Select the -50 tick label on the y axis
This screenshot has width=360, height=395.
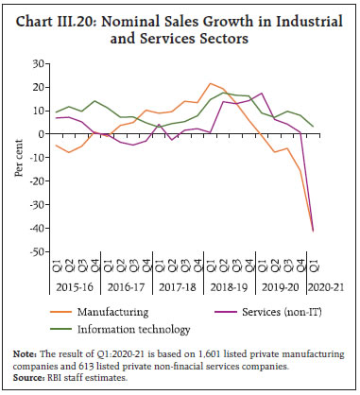36,252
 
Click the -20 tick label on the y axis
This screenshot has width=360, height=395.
36,181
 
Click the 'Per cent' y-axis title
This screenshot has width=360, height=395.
17,158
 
